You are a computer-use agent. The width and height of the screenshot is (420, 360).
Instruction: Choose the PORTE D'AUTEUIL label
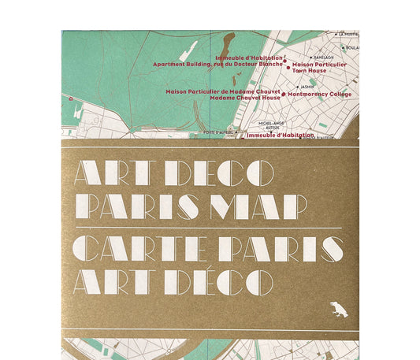point(219,132)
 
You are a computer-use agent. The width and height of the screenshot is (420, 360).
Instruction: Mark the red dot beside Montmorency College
point(285,94)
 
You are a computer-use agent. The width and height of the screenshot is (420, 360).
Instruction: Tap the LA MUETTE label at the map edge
point(348,35)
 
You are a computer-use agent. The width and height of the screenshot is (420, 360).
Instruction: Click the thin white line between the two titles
point(209,227)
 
